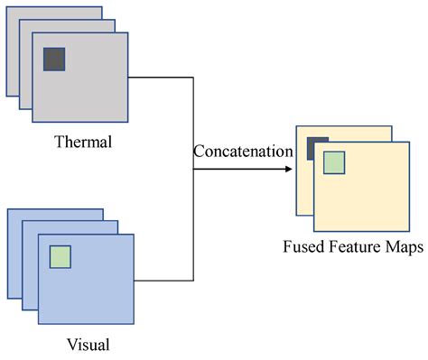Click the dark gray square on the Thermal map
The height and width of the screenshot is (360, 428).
point(54,59)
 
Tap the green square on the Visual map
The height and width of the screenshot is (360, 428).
point(60,256)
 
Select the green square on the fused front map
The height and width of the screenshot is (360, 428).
point(334,162)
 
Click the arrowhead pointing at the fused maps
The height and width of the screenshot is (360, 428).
point(289,168)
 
